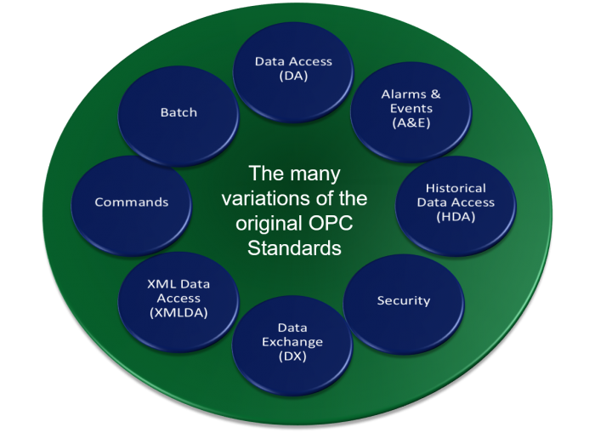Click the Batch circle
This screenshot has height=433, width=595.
[178, 112]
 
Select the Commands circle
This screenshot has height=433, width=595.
[132, 202]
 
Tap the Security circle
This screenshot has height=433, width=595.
[404, 300]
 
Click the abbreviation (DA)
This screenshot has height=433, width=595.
[293, 76]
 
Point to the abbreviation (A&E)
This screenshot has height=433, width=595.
[411, 122]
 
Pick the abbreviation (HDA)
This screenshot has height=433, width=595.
[456, 216]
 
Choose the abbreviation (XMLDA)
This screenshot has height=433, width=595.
[179, 312]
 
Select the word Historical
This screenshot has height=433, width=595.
[456, 188]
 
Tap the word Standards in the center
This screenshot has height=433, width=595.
[294, 248]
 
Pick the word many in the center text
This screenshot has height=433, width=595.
[317, 174]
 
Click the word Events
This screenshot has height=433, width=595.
[411, 108]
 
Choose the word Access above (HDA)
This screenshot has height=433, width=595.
[475, 202]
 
